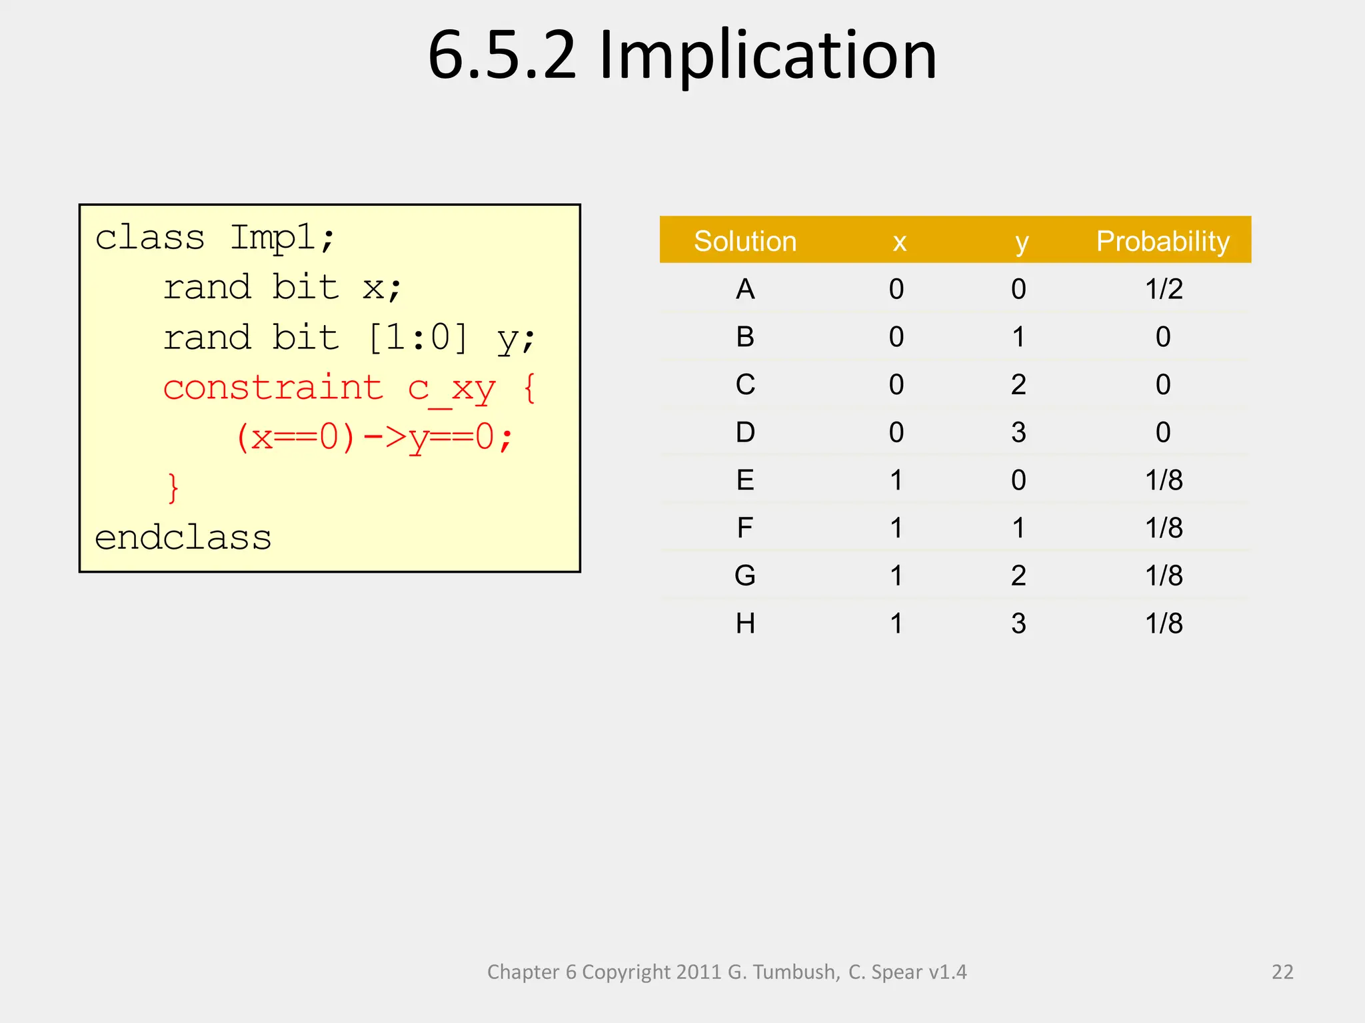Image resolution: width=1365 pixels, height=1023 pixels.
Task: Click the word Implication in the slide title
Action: pos(768,56)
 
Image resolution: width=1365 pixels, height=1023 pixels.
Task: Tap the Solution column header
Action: pos(745,241)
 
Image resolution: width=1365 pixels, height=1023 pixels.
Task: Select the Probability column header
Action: pos(1162,241)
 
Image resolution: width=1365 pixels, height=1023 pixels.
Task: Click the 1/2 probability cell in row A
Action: pos(1164,289)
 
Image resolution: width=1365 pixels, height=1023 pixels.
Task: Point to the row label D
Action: pos(745,433)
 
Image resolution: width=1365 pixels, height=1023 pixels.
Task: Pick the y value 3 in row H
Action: pos(1018,623)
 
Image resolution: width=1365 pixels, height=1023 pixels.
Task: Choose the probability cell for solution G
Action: pos(1164,575)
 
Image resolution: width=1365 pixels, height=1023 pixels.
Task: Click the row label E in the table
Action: pos(745,480)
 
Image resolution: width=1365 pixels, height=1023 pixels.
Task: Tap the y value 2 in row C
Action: pos(1018,385)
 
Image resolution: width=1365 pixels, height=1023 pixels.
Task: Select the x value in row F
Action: pos(896,528)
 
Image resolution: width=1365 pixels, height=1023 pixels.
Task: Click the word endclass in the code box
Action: pos(183,537)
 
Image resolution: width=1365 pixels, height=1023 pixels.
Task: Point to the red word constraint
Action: pos(273,388)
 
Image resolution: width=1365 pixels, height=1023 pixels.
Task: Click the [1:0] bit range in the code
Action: pos(418,338)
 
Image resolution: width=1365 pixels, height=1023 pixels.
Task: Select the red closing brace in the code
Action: pos(173,488)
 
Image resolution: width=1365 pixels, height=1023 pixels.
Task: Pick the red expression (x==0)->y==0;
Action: pos(374,438)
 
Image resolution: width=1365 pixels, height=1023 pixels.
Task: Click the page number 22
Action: pos(1282,972)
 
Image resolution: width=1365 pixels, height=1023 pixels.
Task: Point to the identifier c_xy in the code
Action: pos(451,389)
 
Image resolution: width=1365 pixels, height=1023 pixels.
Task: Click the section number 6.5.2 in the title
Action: pos(501,56)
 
